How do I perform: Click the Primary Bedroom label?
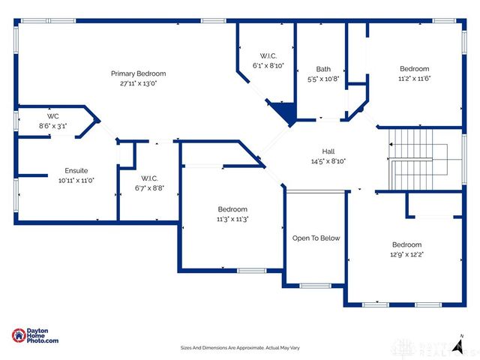point(138,73)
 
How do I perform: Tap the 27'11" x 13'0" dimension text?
point(138,83)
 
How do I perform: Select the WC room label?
point(53,116)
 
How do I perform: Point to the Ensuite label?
point(76,170)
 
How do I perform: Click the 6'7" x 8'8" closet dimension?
point(149,188)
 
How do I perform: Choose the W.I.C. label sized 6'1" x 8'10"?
point(268,55)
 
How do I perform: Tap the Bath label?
point(323,69)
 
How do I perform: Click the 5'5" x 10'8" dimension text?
point(323,79)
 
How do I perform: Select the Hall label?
point(328,151)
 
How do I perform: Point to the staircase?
point(425,160)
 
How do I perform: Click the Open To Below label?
point(316,238)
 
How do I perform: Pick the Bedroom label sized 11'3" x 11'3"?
point(232,209)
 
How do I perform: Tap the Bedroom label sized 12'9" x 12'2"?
point(406,244)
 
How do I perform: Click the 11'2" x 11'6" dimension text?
point(414,79)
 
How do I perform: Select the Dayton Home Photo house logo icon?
point(19,336)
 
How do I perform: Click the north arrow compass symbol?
point(458,346)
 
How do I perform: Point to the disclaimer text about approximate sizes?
point(240,348)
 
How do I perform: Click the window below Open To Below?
point(315,286)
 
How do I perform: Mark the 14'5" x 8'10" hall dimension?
point(328,161)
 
